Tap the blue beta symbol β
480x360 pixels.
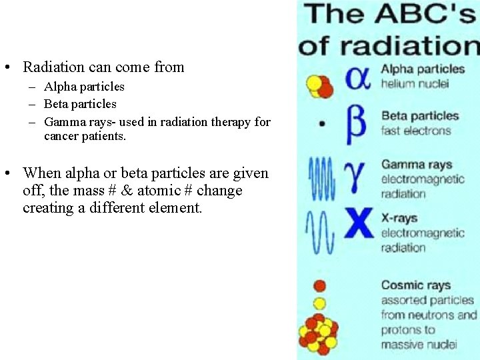pyautogui.click(x=357, y=124)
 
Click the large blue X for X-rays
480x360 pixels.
pyautogui.click(x=358, y=223)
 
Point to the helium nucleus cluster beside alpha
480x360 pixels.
pyautogui.click(x=319, y=85)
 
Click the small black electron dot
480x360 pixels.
pyautogui.click(x=323, y=123)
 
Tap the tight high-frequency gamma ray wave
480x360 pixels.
pyautogui.click(x=321, y=179)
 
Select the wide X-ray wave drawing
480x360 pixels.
pyautogui.click(x=320, y=231)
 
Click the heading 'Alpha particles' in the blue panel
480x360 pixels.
pyautogui.click(x=423, y=69)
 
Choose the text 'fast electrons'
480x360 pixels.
pyautogui.click(x=416, y=131)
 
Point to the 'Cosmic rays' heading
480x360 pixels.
pyautogui.click(x=416, y=285)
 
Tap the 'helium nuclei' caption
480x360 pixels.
pyautogui.click(x=414, y=83)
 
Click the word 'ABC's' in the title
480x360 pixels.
pyautogui.click(x=427, y=15)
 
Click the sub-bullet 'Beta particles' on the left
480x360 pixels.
pyautogui.click(x=80, y=104)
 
